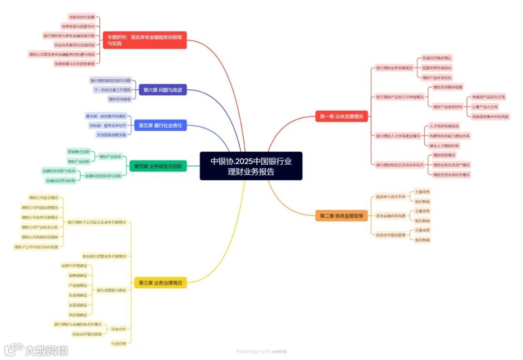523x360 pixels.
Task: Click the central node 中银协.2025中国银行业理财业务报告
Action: [251, 166]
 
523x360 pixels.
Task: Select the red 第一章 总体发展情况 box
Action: [341, 116]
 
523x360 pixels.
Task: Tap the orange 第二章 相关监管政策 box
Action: [341, 216]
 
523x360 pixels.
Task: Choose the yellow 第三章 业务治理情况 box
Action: [160, 282]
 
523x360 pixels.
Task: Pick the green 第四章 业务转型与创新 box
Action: [158, 166]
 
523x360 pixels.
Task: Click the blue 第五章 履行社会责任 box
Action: [160, 125]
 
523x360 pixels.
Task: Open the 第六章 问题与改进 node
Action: [163, 90]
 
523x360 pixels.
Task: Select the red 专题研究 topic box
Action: [145, 40]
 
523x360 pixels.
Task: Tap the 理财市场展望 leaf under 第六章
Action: [119, 99]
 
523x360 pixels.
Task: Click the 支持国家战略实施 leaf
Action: [111, 135]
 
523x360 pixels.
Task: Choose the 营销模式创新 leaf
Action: [78, 152]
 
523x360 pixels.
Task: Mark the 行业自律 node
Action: [118, 344]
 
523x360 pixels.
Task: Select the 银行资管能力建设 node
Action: [111, 290]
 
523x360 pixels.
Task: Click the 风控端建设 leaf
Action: [77, 314]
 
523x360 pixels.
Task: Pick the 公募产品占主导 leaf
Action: [485, 107]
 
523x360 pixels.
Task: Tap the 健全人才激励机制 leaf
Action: [444, 145]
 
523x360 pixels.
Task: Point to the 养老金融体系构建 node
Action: [390, 216]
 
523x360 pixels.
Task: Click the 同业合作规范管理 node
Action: [390, 235]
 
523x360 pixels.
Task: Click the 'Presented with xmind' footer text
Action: [261, 352]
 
